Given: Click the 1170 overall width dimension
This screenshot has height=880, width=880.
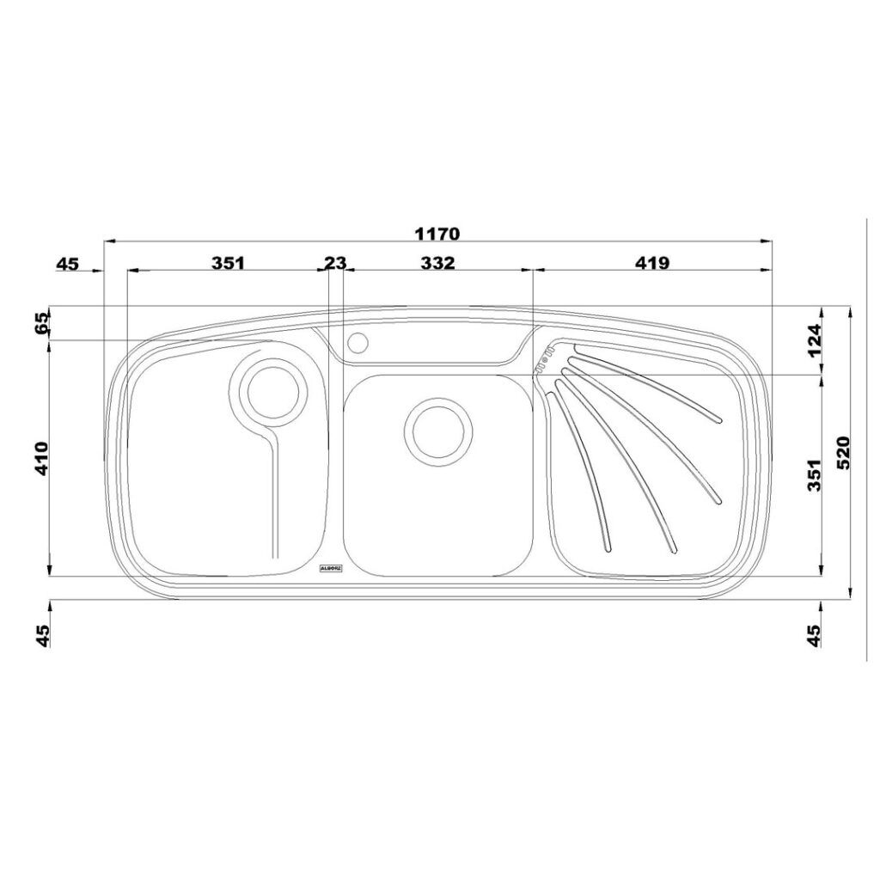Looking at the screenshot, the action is point(437,234).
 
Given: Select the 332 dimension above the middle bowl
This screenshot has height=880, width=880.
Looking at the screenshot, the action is point(437,263).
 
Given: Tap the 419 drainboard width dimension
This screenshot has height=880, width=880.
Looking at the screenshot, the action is point(653,263).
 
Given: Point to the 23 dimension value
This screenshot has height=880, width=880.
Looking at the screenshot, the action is point(336,263).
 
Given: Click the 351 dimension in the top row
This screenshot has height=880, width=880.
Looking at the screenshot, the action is point(229,263).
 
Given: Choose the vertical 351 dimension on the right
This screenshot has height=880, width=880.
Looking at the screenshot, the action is point(815,474).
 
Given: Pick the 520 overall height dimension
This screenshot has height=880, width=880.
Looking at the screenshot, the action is point(844,452).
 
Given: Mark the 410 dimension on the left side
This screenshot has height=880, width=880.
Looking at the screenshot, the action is point(42,459).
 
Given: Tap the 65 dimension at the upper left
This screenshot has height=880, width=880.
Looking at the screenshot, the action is point(42,323).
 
